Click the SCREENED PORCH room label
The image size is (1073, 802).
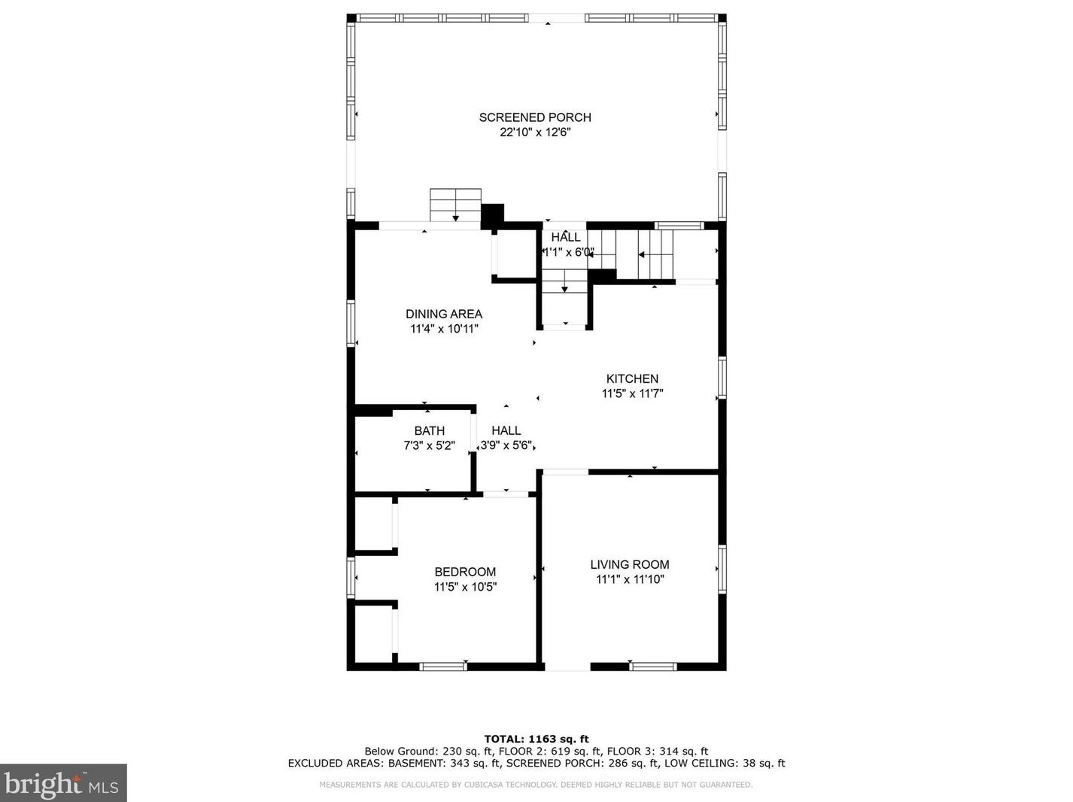click(x=535, y=117)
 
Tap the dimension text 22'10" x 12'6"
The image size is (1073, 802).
click(x=535, y=132)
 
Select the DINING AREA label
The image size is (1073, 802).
click(x=444, y=314)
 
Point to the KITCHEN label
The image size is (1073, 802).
click(x=632, y=379)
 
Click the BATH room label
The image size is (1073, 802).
click(x=429, y=431)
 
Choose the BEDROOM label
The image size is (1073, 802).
click(x=465, y=572)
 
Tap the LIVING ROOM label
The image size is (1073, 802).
click(x=630, y=565)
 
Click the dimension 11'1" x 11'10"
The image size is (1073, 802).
click(x=630, y=579)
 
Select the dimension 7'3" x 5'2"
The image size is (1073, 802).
click(x=429, y=445)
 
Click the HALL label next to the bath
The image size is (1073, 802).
click(x=506, y=431)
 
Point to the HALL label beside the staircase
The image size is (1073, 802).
click(x=566, y=238)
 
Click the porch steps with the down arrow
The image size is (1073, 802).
click(x=455, y=205)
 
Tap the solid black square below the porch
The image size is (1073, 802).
click(x=492, y=214)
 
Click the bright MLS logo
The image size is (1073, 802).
click(x=63, y=783)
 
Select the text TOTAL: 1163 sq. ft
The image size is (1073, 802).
click(x=536, y=739)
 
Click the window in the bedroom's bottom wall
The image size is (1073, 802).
click(x=442, y=666)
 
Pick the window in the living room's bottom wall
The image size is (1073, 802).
click(x=653, y=666)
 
